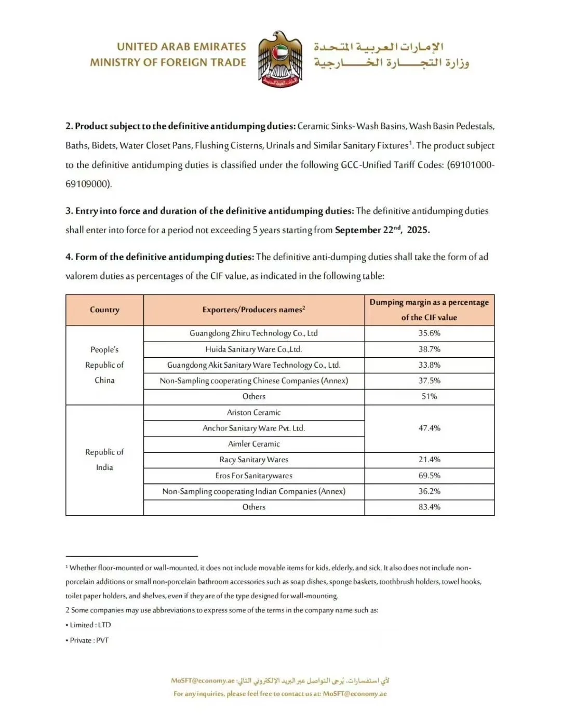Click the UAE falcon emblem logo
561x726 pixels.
click(280, 58)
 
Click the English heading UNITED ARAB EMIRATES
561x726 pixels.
click(181, 47)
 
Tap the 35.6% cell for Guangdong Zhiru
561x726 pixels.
click(429, 333)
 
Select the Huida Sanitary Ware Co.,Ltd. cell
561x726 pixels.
click(253, 349)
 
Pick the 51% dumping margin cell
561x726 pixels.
click(429, 397)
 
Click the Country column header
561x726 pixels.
click(104, 310)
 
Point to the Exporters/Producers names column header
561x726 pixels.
click(253, 310)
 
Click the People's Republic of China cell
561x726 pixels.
click(104, 365)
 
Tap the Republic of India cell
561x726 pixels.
click(104, 460)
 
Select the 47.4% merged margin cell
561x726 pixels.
click(429, 428)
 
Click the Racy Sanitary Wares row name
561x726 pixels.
click(253, 460)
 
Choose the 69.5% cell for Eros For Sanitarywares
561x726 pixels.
click(429, 476)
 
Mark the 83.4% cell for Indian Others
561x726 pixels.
click(429, 507)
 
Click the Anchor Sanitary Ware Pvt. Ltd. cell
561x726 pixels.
click(253, 428)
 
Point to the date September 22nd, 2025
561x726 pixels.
click(382, 230)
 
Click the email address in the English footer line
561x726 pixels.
click(354, 694)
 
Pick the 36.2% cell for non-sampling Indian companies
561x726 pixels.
click(429, 491)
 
